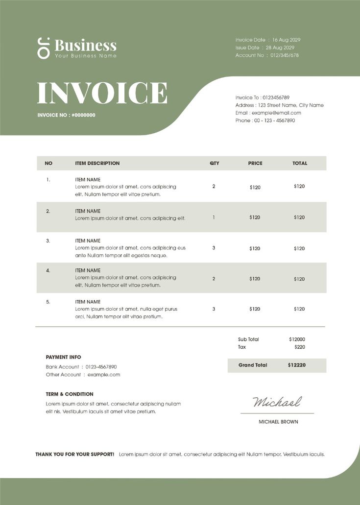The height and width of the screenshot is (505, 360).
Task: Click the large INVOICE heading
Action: click(102, 93)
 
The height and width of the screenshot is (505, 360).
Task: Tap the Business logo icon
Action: click(44, 48)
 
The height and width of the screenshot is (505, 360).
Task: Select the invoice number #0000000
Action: click(83, 115)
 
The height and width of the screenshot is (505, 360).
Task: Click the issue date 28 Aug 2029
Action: click(280, 48)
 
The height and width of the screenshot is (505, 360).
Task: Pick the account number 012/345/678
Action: click(285, 55)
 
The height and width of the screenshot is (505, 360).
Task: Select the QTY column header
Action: click(214, 163)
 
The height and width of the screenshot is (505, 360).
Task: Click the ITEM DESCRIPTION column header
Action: click(97, 163)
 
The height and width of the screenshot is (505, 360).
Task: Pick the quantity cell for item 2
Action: click(214, 217)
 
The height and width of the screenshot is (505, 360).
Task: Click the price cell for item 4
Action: click(255, 279)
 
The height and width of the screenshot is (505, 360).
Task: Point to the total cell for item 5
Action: click(299, 309)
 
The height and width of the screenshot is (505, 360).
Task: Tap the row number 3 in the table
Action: click(48, 240)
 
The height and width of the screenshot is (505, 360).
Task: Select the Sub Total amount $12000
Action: click(297, 339)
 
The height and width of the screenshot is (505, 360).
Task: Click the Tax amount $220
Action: click(300, 347)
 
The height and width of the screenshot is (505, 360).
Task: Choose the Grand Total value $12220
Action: click(297, 365)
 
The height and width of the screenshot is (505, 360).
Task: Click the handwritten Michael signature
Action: click(277, 402)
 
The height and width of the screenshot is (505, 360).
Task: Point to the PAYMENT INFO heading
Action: click(64, 357)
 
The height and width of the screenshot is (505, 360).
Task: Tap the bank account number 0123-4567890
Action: click(101, 367)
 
